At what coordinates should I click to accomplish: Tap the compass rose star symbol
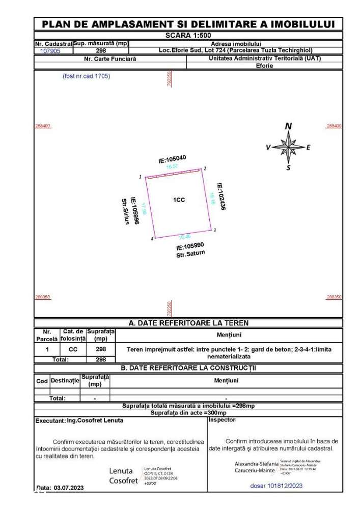pyautogui.click(x=288, y=147)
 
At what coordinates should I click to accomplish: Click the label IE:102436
pyautogui.click(x=220, y=197)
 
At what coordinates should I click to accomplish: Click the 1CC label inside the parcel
pyautogui.click(x=179, y=200)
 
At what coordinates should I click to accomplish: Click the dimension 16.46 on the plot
pyautogui.click(x=184, y=237)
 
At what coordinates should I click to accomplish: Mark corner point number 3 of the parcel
pyautogui.click(x=215, y=230)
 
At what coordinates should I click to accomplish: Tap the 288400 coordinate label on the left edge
pyautogui.click(x=42, y=126)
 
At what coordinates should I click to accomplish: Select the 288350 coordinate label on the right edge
pyautogui.click(x=334, y=297)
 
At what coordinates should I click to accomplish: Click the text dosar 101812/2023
pyautogui.click(x=276, y=486)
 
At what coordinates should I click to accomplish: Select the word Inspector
pyautogui.click(x=223, y=420)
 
